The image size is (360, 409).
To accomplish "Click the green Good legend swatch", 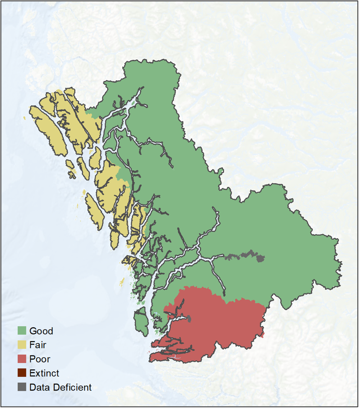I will pos(21,330).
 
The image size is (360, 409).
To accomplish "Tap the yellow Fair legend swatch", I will pos(21,345).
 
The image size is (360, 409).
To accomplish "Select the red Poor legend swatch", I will pos(21,359).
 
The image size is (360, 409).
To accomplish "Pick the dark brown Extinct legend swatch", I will pos(21,373).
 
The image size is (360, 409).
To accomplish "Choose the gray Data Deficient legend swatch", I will pos(21,387).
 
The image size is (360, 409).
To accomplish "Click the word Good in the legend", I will pos(41,331).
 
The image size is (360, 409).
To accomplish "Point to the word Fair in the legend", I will pos(38,345).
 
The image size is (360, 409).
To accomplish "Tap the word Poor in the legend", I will pos(40,359).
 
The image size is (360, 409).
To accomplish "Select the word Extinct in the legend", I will pos(44,374).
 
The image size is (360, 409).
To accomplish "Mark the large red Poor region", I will pos(216,322).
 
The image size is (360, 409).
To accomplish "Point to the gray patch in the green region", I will pos(261,258).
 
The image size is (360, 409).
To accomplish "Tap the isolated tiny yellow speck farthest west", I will pos(24,119).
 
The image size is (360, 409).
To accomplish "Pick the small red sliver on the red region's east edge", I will pos(262,335).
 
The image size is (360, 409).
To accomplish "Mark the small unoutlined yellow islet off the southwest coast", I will pos(122,281).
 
